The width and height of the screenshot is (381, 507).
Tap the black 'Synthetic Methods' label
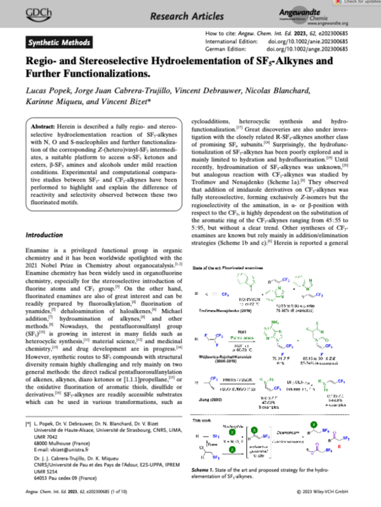click(56, 43)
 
